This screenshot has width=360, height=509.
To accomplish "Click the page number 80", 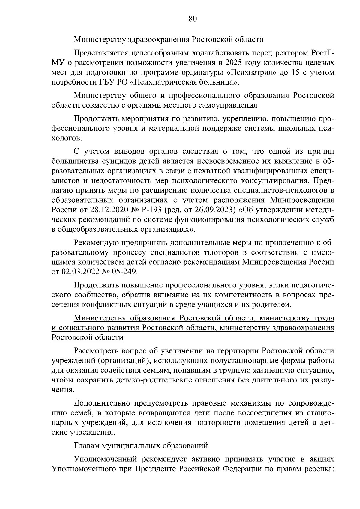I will (193, 19).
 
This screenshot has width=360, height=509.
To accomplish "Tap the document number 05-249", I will (125, 272).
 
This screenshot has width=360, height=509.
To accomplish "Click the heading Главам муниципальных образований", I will (141, 446).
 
